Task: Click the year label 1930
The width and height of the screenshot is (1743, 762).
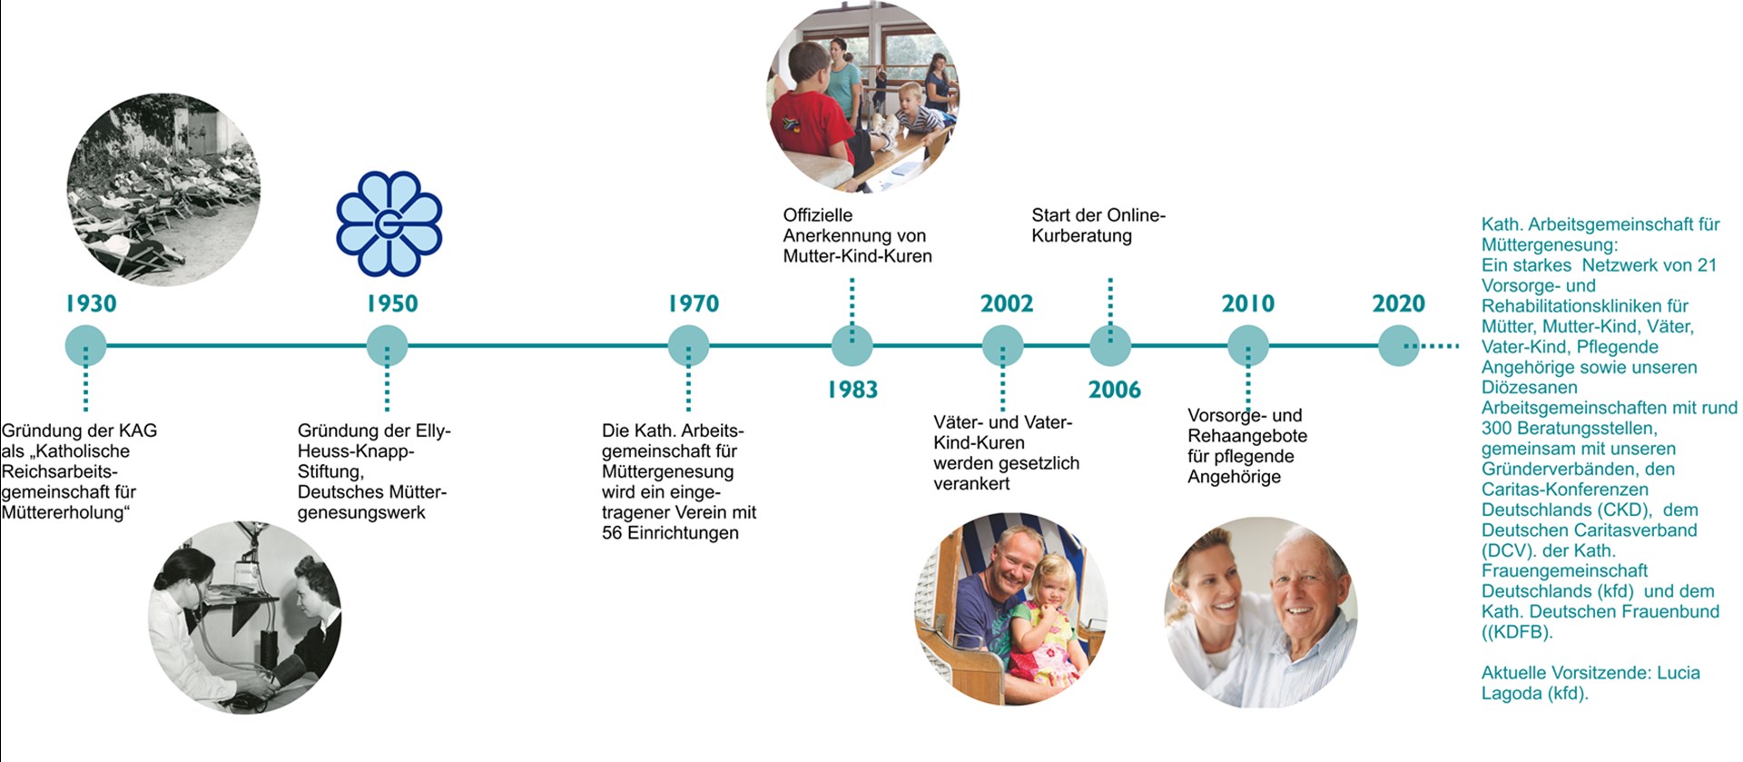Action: (x=91, y=303)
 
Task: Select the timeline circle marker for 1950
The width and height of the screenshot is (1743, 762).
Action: (x=387, y=346)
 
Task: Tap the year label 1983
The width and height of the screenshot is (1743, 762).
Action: (x=852, y=390)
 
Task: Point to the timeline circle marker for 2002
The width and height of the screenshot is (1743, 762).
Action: (x=1003, y=346)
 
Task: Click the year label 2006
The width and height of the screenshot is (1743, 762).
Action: (x=1115, y=390)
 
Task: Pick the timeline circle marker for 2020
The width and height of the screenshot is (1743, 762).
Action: (x=1399, y=346)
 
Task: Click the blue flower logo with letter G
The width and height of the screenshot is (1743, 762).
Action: (x=389, y=223)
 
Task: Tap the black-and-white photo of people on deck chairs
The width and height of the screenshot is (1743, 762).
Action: (x=163, y=190)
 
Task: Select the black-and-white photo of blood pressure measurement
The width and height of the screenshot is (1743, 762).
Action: (x=245, y=617)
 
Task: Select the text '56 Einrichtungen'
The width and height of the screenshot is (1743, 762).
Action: (x=670, y=533)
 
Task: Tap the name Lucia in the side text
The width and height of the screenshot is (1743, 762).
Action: (x=1679, y=673)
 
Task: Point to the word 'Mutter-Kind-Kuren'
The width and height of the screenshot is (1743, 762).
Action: (x=858, y=256)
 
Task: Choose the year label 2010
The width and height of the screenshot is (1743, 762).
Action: (x=1248, y=303)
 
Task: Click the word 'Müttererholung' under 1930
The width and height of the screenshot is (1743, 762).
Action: (x=66, y=512)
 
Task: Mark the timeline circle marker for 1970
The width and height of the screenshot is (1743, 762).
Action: (x=688, y=346)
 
